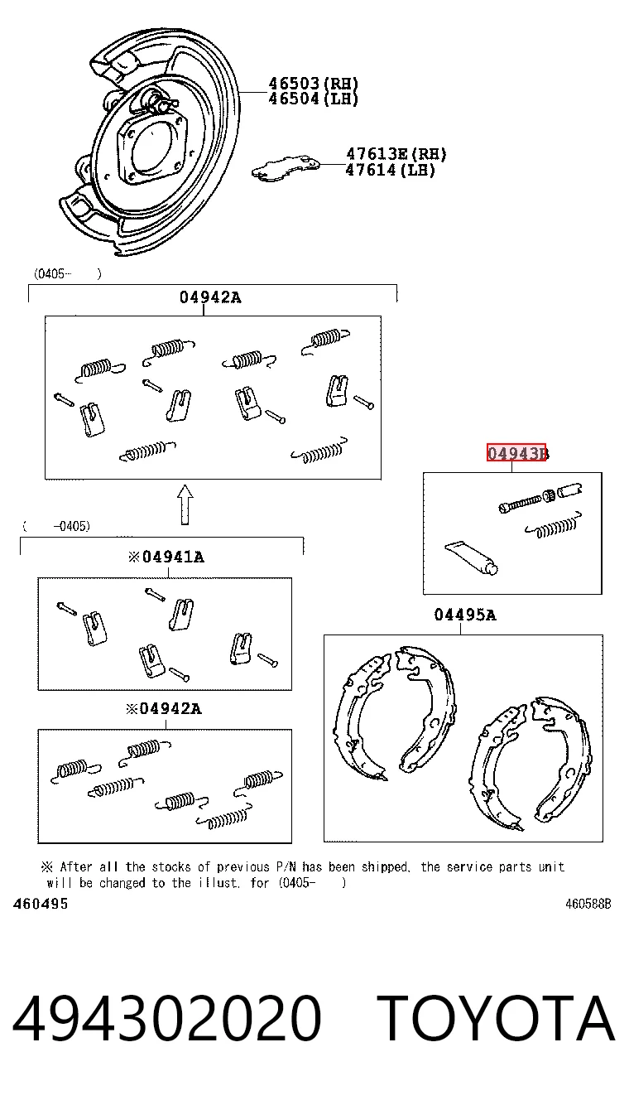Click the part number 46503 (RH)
click(x=313, y=84)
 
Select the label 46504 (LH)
click(x=313, y=99)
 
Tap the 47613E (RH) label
click(x=396, y=154)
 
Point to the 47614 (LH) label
click(x=390, y=170)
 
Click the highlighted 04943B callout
click(x=516, y=452)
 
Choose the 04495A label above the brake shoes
click(x=465, y=615)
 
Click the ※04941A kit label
click(x=166, y=557)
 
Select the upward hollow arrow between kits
click(x=185, y=504)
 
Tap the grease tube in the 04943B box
click(x=471, y=558)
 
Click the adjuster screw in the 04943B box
click(x=540, y=498)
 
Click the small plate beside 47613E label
click(x=285, y=168)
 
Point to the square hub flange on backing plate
click(x=153, y=148)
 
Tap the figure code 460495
click(x=41, y=904)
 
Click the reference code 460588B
click(x=588, y=904)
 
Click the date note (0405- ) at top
click(x=68, y=274)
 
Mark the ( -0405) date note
click(x=56, y=526)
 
